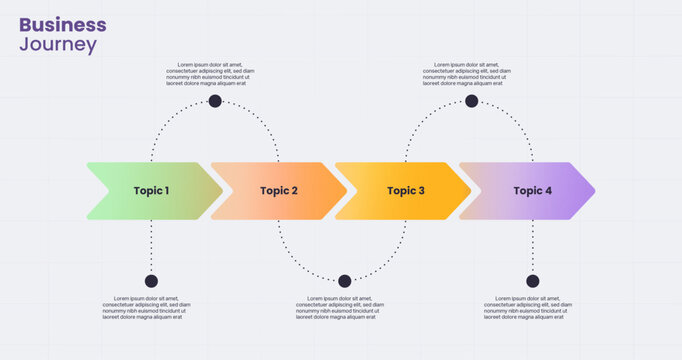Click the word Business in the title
click(x=62, y=24)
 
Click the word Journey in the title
click(x=58, y=45)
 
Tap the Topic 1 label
click(x=152, y=191)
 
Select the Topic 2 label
click(x=279, y=191)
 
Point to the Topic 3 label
click(x=406, y=191)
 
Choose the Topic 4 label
click(x=533, y=191)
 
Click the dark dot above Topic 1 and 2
click(x=215, y=101)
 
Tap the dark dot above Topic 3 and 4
click(x=472, y=101)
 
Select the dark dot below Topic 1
click(x=151, y=281)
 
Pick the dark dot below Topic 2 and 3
click(x=345, y=281)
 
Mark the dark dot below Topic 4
click(x=532, y=281)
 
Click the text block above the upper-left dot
click(x=210, y=74)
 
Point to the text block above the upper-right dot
click(x=467, y=74)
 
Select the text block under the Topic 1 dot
click(x=146, y=307)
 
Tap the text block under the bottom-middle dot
click(x=341, y=307)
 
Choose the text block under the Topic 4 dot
click(x=528, y=307)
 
